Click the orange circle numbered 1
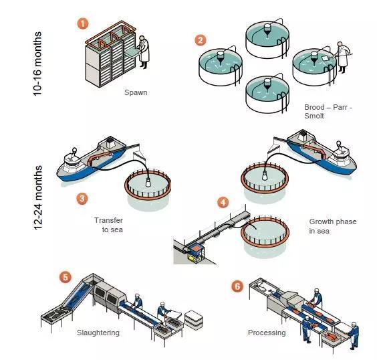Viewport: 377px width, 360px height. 83,24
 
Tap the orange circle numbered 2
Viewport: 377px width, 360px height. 201,40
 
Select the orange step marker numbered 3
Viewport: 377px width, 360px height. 82,199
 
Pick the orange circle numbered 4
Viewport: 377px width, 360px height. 223,202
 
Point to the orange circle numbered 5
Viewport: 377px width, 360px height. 66,277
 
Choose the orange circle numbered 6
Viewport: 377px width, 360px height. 237,286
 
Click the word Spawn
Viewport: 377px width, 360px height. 136,92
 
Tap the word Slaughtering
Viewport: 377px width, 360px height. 98,333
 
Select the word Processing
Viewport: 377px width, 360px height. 267,333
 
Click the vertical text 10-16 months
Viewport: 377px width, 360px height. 37,64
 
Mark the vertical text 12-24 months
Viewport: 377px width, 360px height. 38,197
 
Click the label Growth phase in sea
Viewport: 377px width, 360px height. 333,226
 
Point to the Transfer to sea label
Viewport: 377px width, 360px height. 109,225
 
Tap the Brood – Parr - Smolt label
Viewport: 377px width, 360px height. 328,111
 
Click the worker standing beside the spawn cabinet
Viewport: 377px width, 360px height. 144,52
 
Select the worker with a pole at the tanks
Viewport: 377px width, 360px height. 343,58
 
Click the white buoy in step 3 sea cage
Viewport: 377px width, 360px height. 148,183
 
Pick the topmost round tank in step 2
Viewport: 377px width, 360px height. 267,39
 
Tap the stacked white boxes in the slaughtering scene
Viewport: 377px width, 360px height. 194,320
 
